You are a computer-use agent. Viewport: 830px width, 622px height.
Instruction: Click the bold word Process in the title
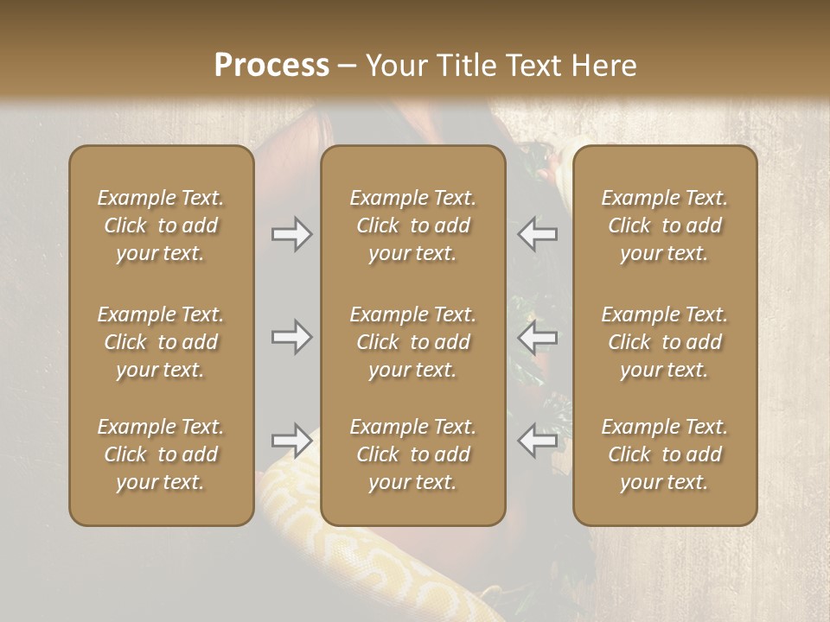[271, 66]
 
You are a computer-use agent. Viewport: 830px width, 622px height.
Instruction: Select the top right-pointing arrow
[292, 234]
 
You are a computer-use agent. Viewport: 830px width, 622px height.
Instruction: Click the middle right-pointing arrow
[292, 337]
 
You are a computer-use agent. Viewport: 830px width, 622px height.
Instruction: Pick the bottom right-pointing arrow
[292, 441]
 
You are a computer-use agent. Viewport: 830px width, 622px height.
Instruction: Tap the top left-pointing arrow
[538, 234]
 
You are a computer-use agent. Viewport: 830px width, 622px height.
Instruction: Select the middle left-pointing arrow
[538, 337]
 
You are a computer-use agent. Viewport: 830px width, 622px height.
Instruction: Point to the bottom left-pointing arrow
[538, 441]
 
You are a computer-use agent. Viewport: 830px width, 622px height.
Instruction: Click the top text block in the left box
[161, 225]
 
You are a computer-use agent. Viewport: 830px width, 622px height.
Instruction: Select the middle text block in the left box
[161, 342]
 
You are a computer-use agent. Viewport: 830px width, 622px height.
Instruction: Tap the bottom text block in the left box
[161, 454]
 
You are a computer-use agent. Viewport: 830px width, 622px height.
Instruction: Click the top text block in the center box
[413, 225]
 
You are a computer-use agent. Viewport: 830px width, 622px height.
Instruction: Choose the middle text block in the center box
[413, 342]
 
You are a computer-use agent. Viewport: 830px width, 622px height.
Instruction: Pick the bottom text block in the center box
[413, 454]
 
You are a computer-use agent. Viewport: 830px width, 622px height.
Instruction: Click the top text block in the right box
[665, 225]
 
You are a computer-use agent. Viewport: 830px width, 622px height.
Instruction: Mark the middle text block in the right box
[665, 342]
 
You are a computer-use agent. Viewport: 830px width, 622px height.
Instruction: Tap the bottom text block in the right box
[665, 454]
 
